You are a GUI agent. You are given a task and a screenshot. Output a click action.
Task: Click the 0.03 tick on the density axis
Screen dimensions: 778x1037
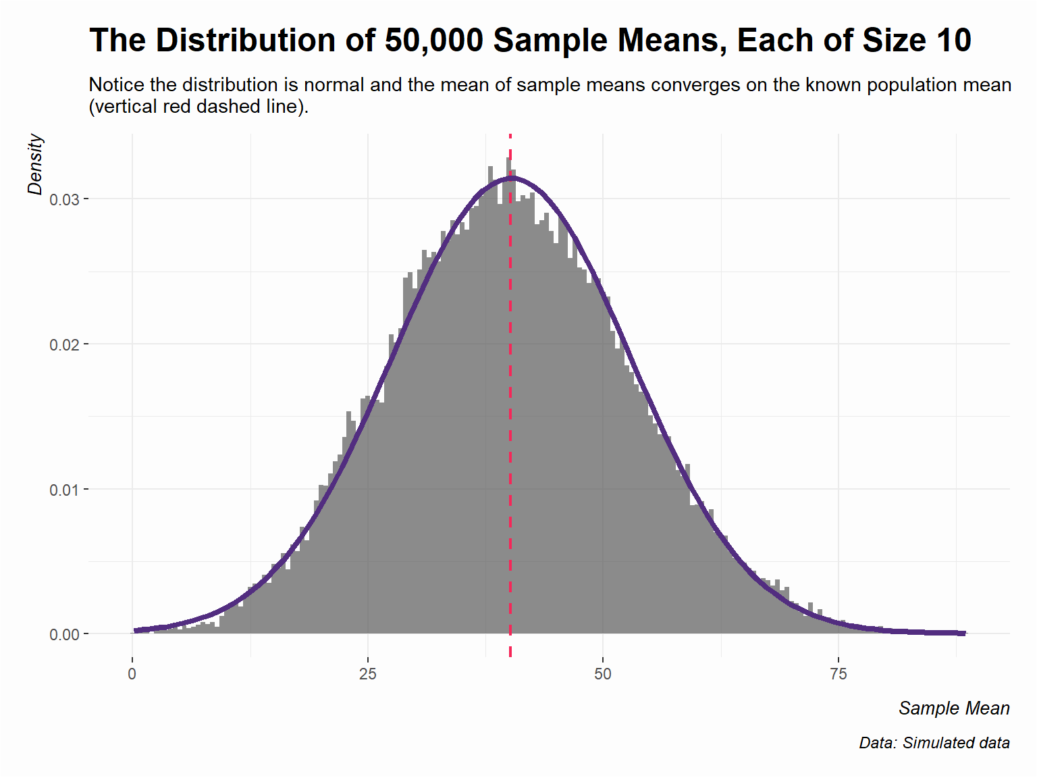tap(64, 200)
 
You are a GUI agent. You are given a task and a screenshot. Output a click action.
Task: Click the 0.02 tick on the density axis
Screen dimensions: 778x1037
tap(64, 345)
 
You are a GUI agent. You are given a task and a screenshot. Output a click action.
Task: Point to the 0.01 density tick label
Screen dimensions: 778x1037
tap(64, 490)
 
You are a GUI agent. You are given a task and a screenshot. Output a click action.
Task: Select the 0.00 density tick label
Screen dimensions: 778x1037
tap(64, 635)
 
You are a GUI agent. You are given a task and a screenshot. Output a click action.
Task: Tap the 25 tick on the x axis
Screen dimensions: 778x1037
tap(367, 674)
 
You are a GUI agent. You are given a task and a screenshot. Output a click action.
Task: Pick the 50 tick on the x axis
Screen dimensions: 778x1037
tap(603, 674)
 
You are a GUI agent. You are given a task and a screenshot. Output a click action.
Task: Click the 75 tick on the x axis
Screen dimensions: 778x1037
tap(838, 674)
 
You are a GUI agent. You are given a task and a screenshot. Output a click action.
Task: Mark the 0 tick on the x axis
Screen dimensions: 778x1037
tap(132, 674)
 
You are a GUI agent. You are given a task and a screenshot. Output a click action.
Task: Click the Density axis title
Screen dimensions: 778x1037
tap(35, 165)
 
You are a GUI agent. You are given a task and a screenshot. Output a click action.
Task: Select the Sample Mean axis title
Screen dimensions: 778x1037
tap(954, 708)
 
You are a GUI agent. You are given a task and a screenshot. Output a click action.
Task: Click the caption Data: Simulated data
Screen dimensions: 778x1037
tap(934, 744)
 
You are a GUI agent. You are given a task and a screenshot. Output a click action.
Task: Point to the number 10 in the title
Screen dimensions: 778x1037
tap(953, 41)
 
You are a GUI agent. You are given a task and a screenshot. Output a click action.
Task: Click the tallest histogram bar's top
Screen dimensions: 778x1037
tap(508, 159)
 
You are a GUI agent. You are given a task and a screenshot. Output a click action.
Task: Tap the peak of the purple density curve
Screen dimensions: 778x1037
tap(512, 178)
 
